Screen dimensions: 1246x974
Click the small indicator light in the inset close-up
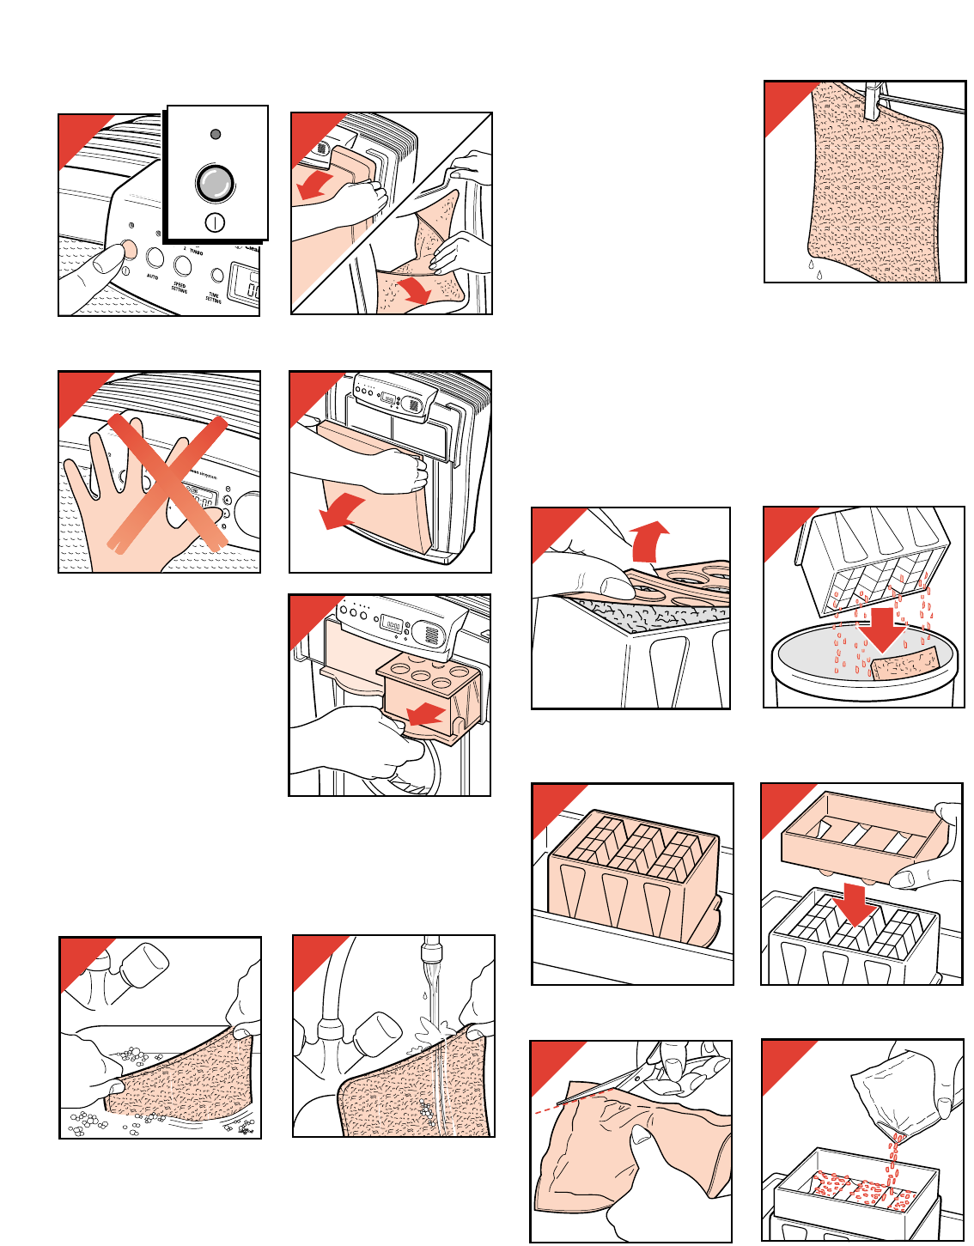216,135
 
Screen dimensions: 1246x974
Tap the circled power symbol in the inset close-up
216,222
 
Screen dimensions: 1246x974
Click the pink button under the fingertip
129,250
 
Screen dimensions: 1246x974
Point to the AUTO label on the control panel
152,277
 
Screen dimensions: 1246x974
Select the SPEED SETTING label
179,286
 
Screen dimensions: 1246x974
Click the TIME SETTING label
213,296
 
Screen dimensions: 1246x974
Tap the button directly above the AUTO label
155,257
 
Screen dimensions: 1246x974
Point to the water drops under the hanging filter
814,270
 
